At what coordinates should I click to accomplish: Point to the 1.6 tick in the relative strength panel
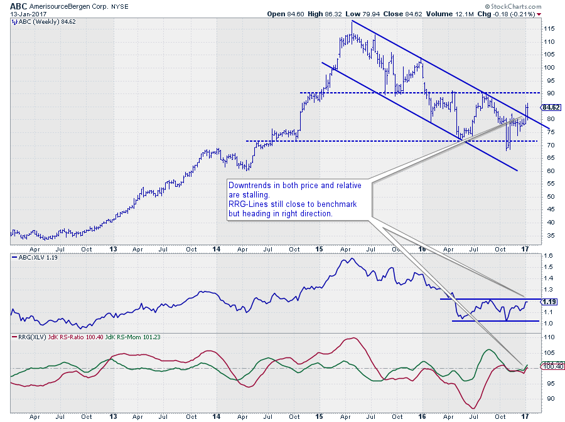point(548,256)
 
